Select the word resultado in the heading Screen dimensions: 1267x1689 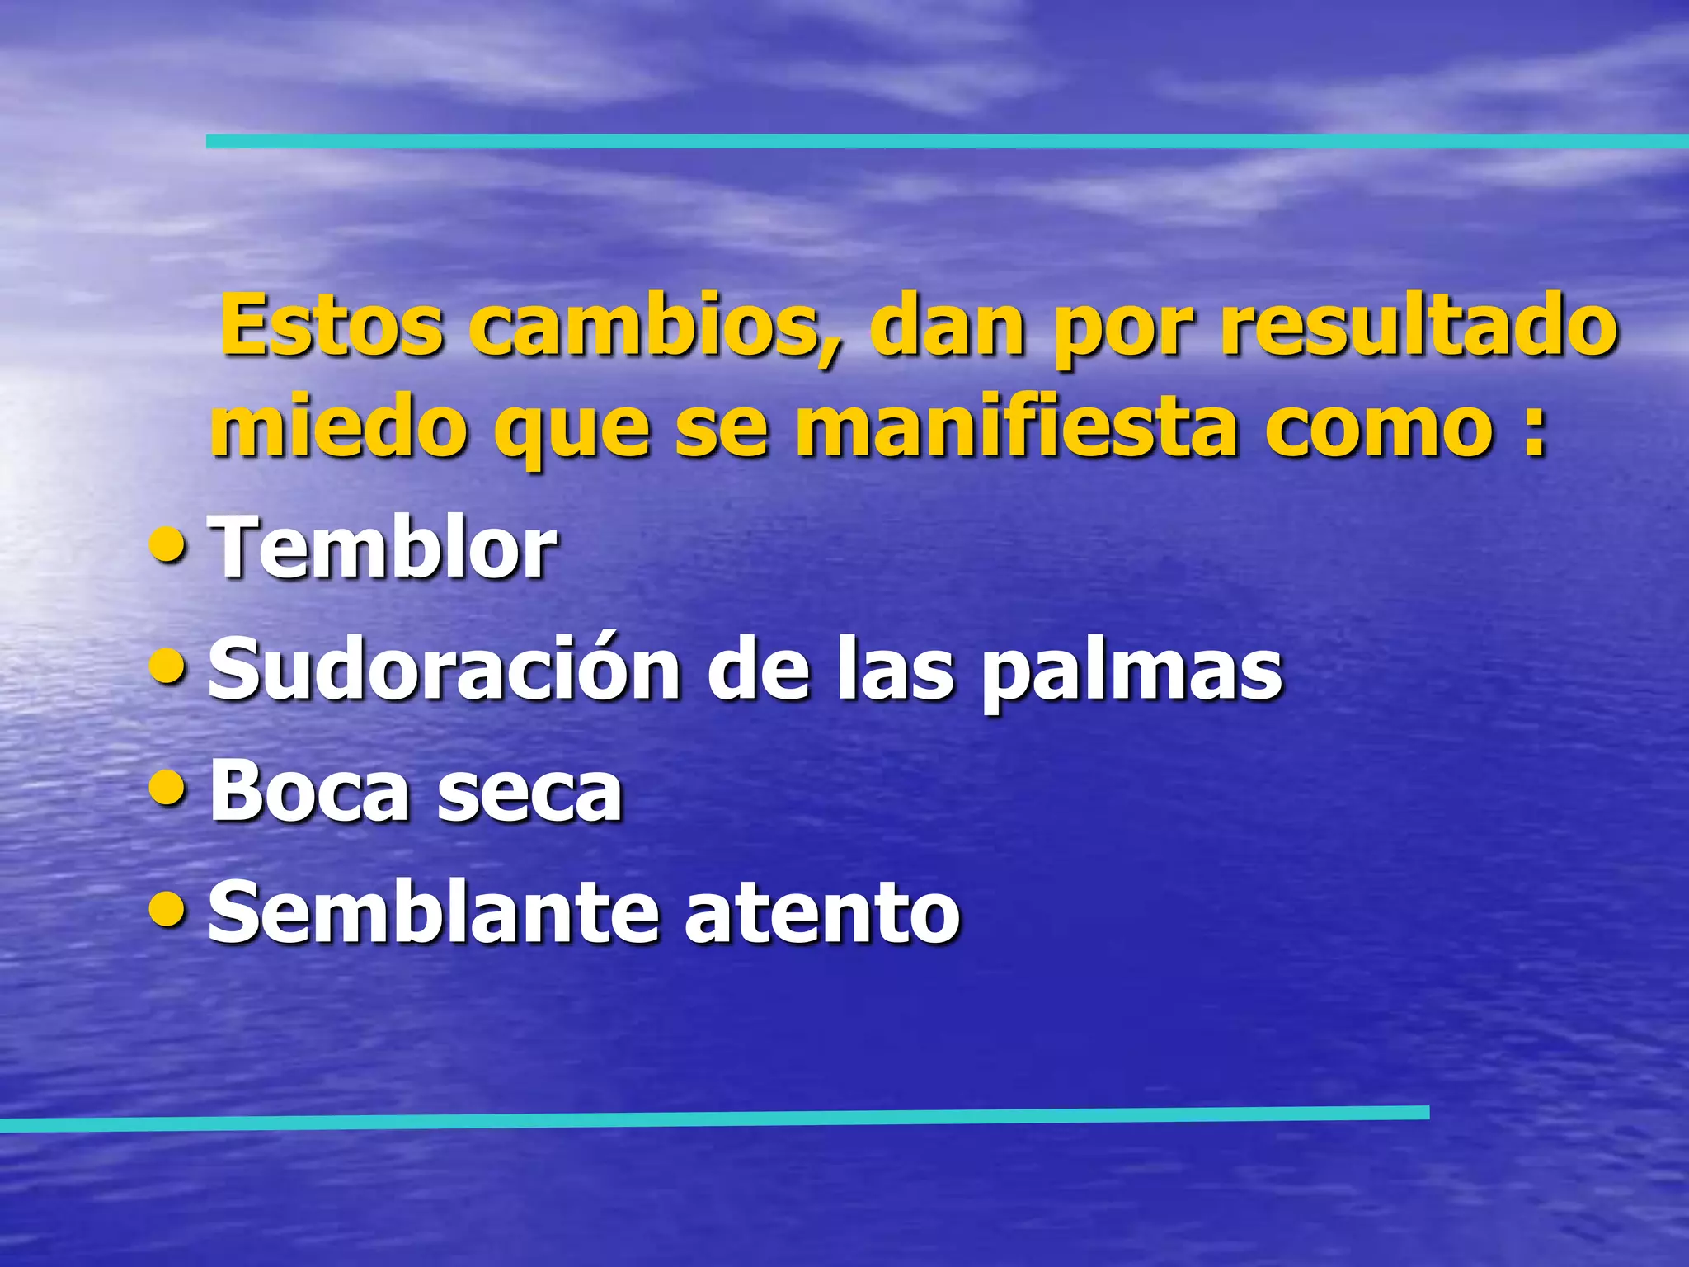tap(1418, 327)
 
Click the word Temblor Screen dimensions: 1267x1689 tap(383, 548)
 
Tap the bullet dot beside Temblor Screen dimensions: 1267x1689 tap(169, 545)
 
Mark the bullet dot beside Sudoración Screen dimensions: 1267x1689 tap(169, 666)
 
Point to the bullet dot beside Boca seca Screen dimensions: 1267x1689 tap(169, 789)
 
